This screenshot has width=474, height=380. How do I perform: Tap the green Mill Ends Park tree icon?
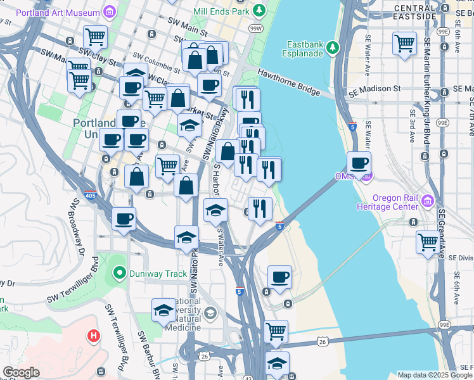259,10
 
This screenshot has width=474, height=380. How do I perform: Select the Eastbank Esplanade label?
305,49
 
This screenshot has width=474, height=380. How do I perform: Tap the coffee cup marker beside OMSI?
359,163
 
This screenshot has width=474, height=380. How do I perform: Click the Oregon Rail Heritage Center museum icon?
428,202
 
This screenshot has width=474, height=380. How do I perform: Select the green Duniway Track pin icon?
117,274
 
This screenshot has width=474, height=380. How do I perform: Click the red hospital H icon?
94,335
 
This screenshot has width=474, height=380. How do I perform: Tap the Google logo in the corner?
21,372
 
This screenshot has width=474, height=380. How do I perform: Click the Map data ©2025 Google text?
434,375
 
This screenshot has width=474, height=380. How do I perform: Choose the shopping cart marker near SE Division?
428,241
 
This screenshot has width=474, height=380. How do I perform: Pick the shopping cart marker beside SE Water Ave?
404,44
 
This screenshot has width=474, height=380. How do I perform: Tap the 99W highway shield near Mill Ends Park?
256,28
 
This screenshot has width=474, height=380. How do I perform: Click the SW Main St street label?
188,26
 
